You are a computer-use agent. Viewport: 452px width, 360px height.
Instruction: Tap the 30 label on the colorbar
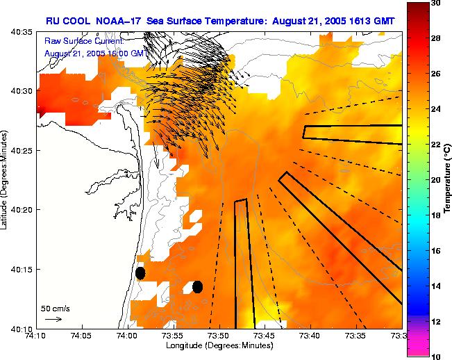pyautogui.click(x=435, y=4)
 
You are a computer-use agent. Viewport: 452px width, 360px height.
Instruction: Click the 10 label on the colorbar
pyautogui.click(x=435, y=357)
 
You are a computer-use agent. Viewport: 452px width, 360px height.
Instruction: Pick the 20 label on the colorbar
pyautogui.click(x=435, y=180)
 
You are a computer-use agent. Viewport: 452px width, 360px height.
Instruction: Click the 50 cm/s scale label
pyautogui.click(x=55, y=308)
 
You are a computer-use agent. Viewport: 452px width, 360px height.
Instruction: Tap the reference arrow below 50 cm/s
pyautogui.click(x=53, y=319)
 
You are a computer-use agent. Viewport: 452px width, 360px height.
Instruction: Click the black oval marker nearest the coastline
pyautogui.click(x=140, y=273)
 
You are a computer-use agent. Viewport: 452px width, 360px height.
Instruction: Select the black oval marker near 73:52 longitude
pyautogui.click(x=197, y=286)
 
